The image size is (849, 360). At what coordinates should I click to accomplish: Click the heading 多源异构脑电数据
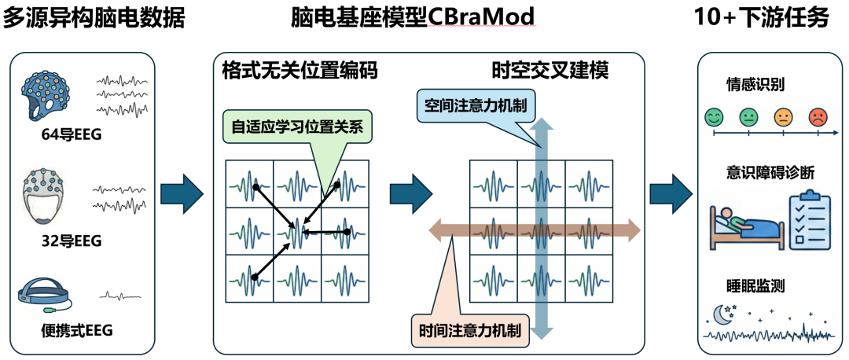pos(94,18)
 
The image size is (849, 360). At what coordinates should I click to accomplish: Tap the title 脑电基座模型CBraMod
pos(413,18)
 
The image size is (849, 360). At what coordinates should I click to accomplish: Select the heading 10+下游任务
pos(761,18)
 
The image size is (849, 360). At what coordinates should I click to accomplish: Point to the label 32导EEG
pos(72,241)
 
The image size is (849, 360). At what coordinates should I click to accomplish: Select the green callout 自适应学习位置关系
pos(297,128)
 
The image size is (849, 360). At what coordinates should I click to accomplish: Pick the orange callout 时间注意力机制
pos(470,330)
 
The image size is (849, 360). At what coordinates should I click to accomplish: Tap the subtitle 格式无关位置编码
pos(300,71)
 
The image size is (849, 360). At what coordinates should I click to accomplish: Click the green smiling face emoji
pos(714,117)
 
